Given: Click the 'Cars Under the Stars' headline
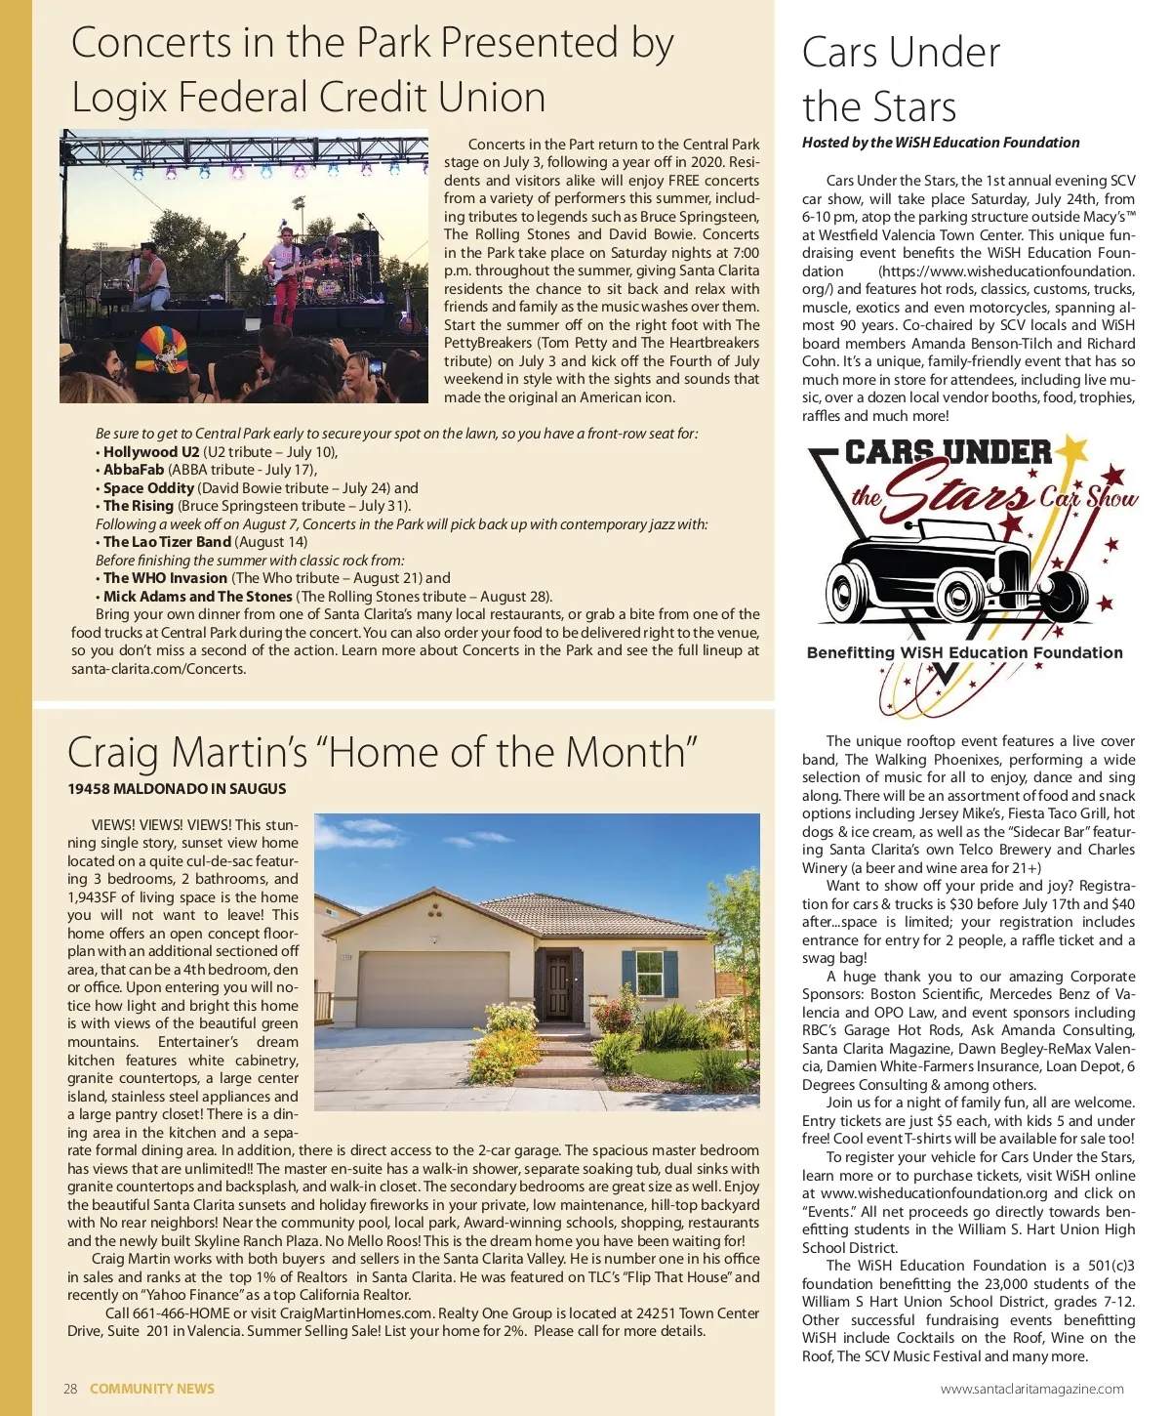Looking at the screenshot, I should [901, 79].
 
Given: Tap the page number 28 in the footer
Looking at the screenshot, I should [70, 1388].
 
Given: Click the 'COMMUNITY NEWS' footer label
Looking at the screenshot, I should [152, 1388].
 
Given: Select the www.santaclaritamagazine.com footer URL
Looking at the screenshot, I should [1031, 1388].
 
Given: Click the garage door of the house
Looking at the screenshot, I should [434, 988].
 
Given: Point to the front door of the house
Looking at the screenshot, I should [559, 984].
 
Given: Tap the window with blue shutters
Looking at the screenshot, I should [649, 973].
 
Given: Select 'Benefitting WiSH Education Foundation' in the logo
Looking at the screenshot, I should [964, 652].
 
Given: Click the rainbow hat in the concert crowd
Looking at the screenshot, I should [163, 349].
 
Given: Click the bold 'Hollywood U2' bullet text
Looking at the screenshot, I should [151, 451].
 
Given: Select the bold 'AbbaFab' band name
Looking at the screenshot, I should [134, 470].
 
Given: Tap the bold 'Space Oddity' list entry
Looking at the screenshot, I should [148, 487].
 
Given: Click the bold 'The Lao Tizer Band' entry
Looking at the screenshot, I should [167, 542].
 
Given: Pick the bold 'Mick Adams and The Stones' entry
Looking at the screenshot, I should [197, 596].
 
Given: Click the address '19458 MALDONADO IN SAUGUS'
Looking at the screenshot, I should [177, 788].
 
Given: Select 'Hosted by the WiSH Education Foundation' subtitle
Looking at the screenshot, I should [941, 143].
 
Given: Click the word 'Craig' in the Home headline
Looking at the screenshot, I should [112, 753].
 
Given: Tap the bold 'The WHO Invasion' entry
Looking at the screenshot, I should [165, 578].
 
